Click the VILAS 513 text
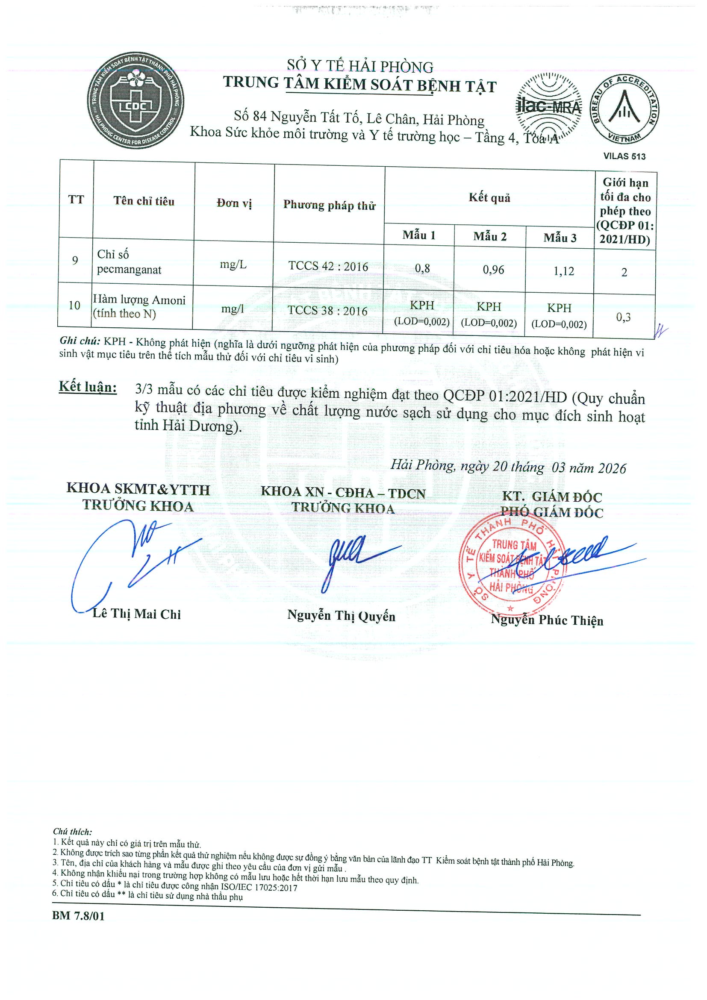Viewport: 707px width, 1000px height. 624,156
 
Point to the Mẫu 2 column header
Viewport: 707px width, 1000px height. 490,236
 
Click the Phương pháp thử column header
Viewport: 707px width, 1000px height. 329,205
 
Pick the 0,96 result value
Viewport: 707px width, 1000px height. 493,270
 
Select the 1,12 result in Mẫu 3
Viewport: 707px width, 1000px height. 564,271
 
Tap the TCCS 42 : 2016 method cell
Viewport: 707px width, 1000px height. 328,266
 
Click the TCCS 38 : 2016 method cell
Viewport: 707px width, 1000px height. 327,311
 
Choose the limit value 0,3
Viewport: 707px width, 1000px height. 623,317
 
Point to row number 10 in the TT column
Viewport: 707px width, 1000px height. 74,305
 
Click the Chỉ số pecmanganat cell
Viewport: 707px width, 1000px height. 129,262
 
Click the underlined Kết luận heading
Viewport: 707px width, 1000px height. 88,387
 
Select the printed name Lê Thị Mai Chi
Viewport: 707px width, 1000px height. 136,614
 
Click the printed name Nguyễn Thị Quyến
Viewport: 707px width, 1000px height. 341,616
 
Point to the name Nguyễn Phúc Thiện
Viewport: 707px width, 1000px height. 547,620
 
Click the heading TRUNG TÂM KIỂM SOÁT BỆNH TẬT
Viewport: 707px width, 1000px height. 360,84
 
